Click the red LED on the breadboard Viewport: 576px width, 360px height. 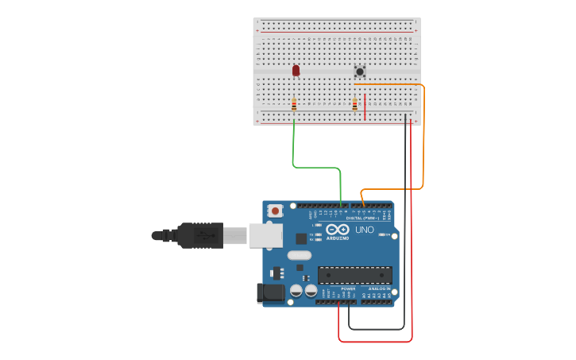(x=296, y=71)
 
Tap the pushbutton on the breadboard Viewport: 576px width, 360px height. (x=359, y=72)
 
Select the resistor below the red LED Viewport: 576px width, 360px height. (x=294, y=104)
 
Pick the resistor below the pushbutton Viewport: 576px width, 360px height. (x=354, y=104)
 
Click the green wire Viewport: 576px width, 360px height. (x=316, y=167)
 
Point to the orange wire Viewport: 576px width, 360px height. (x=423, y=135)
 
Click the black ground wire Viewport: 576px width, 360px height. (x=404, y=238)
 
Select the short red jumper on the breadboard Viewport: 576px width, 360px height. (x=365, y=107)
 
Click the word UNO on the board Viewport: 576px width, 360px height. (x=364, y=230)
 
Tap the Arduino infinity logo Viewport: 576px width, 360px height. (x=337, y=229)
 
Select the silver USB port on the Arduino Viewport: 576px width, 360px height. (x=265, y=235)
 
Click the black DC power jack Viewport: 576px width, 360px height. (x=271, y=293)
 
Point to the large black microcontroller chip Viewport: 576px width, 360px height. (x=354, y=275)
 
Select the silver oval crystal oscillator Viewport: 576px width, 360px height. (x=299, y=256)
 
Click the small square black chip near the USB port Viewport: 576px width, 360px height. (x=301, y=238)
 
